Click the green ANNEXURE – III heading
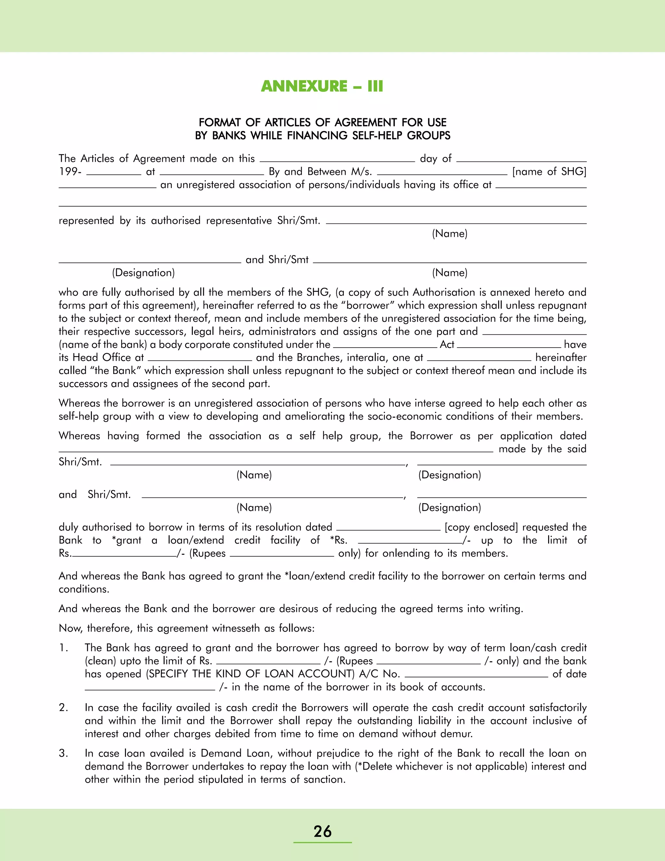[322, 86]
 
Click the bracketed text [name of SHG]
[549, 172]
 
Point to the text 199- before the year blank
[70, 172]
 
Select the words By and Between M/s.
[320, 172]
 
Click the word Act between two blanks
[447, 344]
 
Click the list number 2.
[63, 707]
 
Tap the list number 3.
[63, 753]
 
